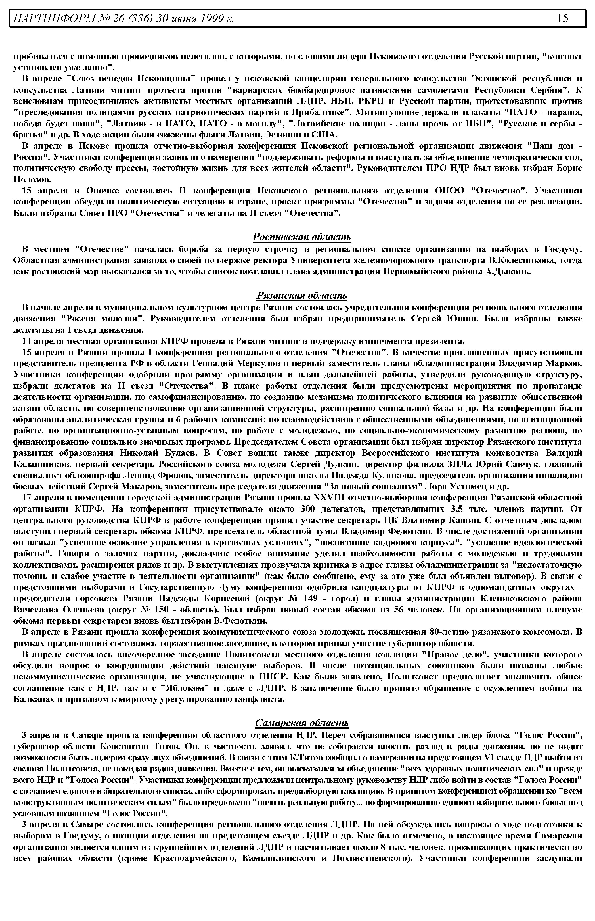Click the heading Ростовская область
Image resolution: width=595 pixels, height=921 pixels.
[302, 237]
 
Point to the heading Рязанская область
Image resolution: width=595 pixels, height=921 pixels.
[302, 296]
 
